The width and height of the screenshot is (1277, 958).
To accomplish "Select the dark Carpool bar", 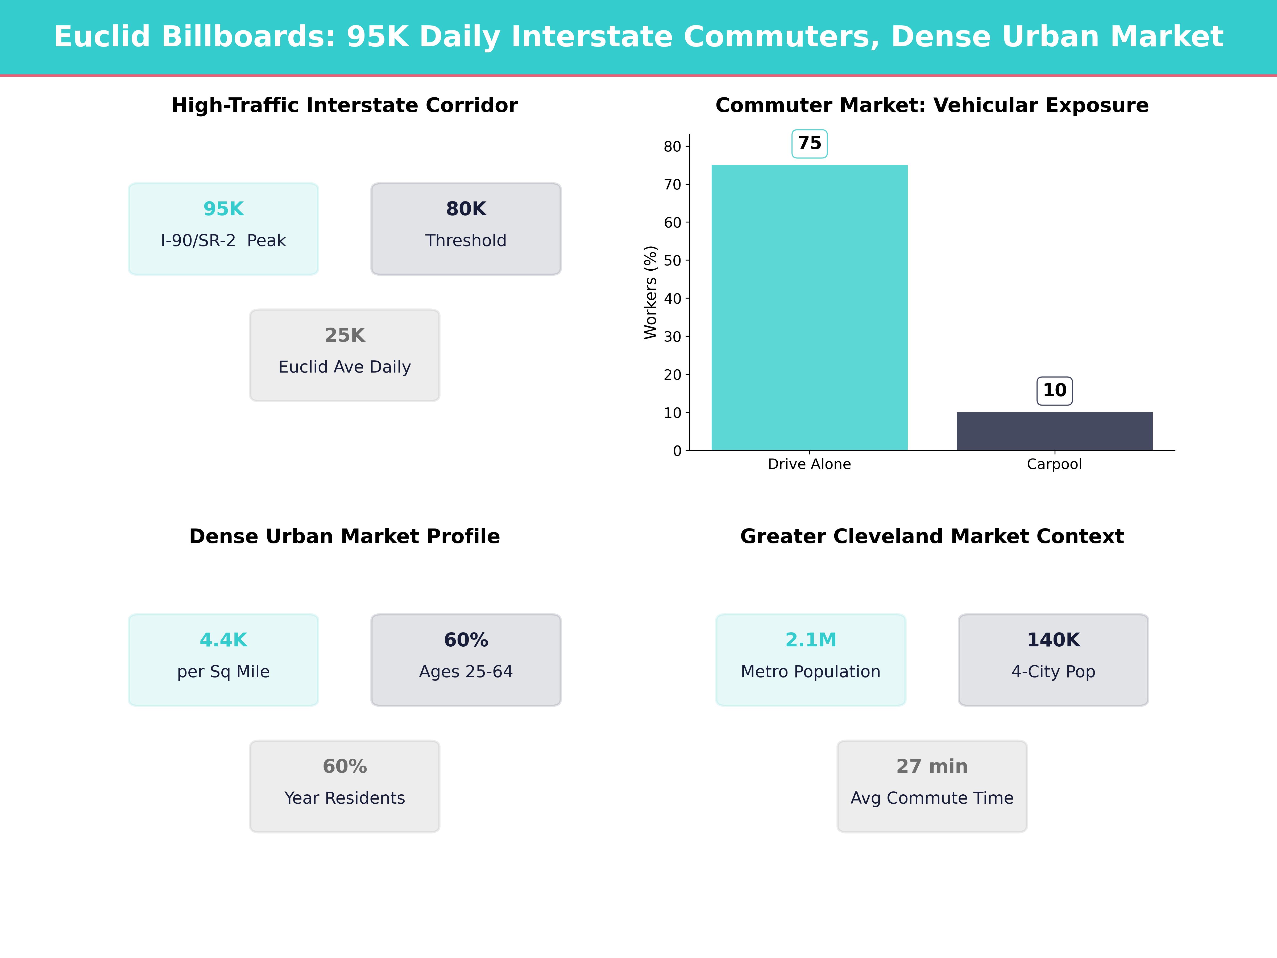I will tap(1054, 431).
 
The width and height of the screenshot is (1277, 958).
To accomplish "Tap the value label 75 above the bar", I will tap(809, 143).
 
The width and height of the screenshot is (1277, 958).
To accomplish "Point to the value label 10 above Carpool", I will tap(1054, 390).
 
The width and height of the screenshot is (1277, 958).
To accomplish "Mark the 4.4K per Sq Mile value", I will tap(223, 640).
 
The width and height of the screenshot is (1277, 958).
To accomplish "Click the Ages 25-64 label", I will tap(466, 672).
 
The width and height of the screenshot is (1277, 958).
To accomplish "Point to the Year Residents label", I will tap(345, 798).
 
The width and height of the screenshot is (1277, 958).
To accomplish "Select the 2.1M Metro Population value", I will tap(811, 640).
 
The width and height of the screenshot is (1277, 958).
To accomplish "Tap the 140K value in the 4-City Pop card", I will tap(1053, 640).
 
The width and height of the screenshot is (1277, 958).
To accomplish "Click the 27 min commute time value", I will tap(932, 766).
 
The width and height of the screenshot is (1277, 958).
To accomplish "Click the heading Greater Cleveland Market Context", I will tap(932, 536).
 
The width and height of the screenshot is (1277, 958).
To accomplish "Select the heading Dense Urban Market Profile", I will tap(345, 536).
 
